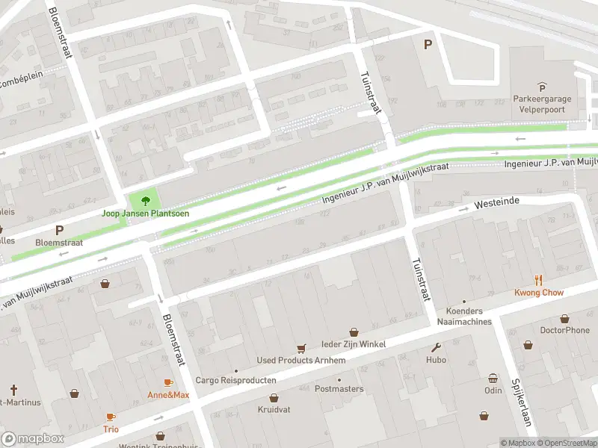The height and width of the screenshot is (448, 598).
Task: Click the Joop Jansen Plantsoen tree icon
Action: (x=145, y=200)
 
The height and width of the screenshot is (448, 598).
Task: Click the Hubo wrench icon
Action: (x=437, y=347)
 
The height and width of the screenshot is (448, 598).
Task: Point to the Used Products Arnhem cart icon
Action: (x=301, y=348)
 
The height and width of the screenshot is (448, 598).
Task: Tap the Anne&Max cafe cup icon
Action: (x=168, y=382)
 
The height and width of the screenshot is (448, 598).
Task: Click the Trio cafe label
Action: (x=111, y=429)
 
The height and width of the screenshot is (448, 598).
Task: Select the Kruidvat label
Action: (x=274, y=409)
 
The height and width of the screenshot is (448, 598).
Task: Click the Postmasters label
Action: (x=339, y=389)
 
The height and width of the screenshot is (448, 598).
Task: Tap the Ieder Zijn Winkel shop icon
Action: (x=354, y=332)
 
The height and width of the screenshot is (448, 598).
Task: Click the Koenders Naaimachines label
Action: (x=469, y=317)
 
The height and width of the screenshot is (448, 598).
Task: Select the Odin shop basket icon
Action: (x=493, y=378)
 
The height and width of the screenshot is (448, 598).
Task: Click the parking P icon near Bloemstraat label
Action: (x=59, y=231)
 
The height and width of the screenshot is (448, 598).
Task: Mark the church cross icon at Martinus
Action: (x=13, y=390)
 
